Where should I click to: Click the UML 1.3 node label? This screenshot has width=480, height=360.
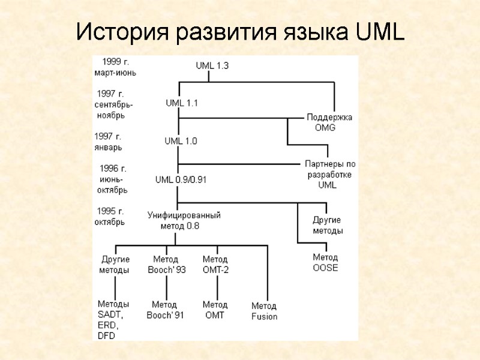pos(212,66)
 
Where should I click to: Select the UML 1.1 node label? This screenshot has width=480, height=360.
pos(182,103)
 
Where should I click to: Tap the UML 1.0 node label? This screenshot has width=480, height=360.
pos(181,141)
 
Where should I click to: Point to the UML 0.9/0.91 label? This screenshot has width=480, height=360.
pos(181,179)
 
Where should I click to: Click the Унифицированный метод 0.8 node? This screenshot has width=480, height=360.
pos(184,220)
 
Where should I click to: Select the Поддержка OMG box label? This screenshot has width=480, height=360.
pos(329,122)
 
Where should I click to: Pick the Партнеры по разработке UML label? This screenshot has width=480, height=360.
pos(330,174)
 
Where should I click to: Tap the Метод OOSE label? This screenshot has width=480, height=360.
pos(325,262)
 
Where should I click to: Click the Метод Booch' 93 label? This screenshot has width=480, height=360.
pos(167,264)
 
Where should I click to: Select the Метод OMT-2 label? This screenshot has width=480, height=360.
pos(215,264)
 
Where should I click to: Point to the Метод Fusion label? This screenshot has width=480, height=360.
pos(264,311)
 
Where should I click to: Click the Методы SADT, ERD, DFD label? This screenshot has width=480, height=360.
pos(113,319)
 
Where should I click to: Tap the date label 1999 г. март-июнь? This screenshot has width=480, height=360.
pos(115,67)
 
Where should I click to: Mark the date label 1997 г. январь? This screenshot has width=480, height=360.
pos(109,142)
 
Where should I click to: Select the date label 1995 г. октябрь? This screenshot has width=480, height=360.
pos(110,216)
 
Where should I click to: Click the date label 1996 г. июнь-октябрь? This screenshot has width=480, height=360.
pos(112,179)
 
